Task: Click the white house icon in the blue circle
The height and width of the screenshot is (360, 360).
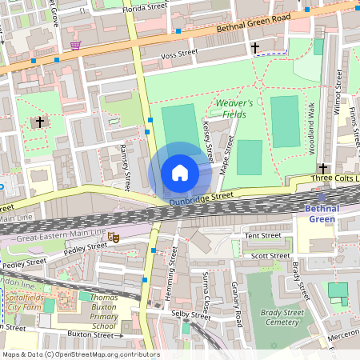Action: coord(180,173)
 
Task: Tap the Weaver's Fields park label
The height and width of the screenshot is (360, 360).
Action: coord(234,109)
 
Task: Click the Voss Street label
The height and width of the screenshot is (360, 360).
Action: coord(179,54)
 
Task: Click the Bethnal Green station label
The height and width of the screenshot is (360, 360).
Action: coord(322,214)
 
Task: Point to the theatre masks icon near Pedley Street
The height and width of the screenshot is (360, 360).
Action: coord(114,238)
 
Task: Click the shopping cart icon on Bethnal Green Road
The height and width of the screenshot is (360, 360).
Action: coord(75,45)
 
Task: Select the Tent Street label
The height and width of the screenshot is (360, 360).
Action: coord(263,236)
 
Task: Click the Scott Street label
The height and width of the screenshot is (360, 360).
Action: coord(270,256)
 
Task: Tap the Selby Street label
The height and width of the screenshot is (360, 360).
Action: coord(191,314)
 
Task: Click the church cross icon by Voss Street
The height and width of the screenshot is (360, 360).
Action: coord(255,48)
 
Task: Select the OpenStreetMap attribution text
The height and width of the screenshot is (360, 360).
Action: coord(80,354)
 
